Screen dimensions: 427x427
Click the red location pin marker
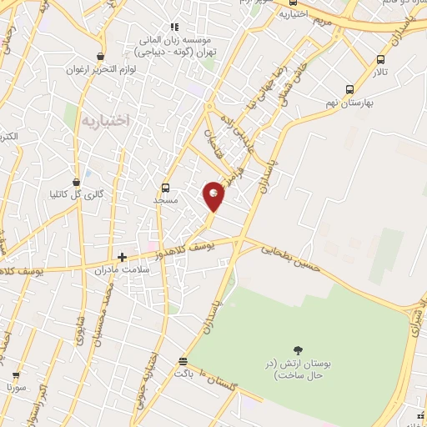pyautogui.click(x=214, y=195)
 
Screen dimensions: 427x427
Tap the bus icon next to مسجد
pyautogui.click(x=165, y=188)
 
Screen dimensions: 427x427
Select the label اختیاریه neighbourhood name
pyautogui.click(x=106, y=121)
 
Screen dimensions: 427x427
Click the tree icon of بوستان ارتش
pyautogui.click(x=299, y=350)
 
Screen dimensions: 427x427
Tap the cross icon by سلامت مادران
pyautogui.click(x=123, y=257)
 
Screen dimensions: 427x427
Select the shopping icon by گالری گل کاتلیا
pyautogui.click(x=77, y=181)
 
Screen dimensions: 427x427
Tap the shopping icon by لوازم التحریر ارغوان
pyautogui.click(x=101, y=56)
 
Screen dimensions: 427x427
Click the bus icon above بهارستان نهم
pyautogui.click(x=349, y=88)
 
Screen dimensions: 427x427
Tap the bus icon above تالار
pyautogui.click(x=381, y=60)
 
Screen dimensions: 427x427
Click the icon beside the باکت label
pyautogui.click(x=183, y=360)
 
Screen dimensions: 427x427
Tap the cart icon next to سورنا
pyautogui.click(x=16, y=375)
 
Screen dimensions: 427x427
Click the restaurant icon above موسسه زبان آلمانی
pyautogui.click(x=175, y=27)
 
